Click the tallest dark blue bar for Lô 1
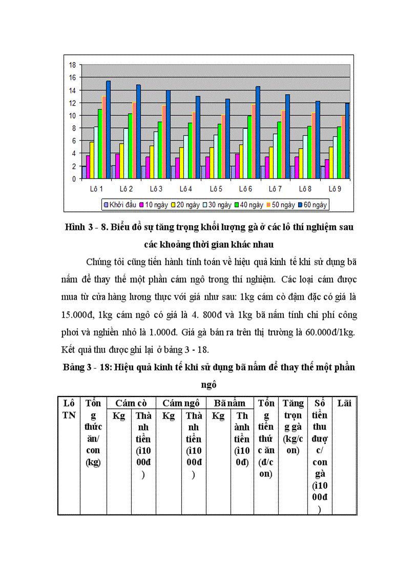[108, 130]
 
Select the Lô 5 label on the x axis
[215, 188]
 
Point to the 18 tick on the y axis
[72, 65]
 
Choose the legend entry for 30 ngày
[219, 205]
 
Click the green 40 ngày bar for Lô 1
[100, 144]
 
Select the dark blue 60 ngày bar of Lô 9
[347, 141]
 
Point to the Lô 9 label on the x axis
[335, 188]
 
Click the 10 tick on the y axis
[72, 115]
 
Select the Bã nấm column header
[229, 403]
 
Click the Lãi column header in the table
[344, 403]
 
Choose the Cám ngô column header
[181, 403]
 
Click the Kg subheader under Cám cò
[119, 416]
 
